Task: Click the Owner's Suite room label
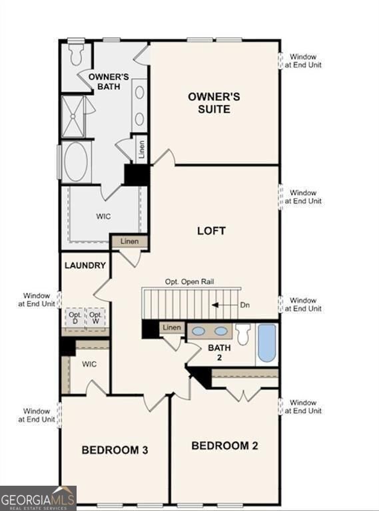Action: click(x=213, y=102)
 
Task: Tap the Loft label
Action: click(x=211, y=231)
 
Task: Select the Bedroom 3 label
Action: click(x=115, y=450)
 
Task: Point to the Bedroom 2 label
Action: click(x=224, y=445)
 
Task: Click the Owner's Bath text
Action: click(x=109, y=81)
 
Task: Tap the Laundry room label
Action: click(x=85, y=265)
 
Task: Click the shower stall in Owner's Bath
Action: click(x=73, y=116)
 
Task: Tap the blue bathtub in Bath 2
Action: click(x=266, y=343)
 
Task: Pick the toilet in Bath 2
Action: click(x=243, y=333)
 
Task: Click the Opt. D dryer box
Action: click(x=75, y=318)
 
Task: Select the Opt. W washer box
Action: click(x=97, y=318)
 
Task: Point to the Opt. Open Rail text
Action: click(x=189, y=281)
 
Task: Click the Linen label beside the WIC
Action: click(x=130, y=241)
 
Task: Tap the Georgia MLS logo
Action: click(x=38, y=498)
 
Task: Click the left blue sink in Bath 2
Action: click(x=198, y=331)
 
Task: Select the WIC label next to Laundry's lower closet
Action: click(x=89, y=365)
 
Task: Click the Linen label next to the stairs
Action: click(x=172, y=327)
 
